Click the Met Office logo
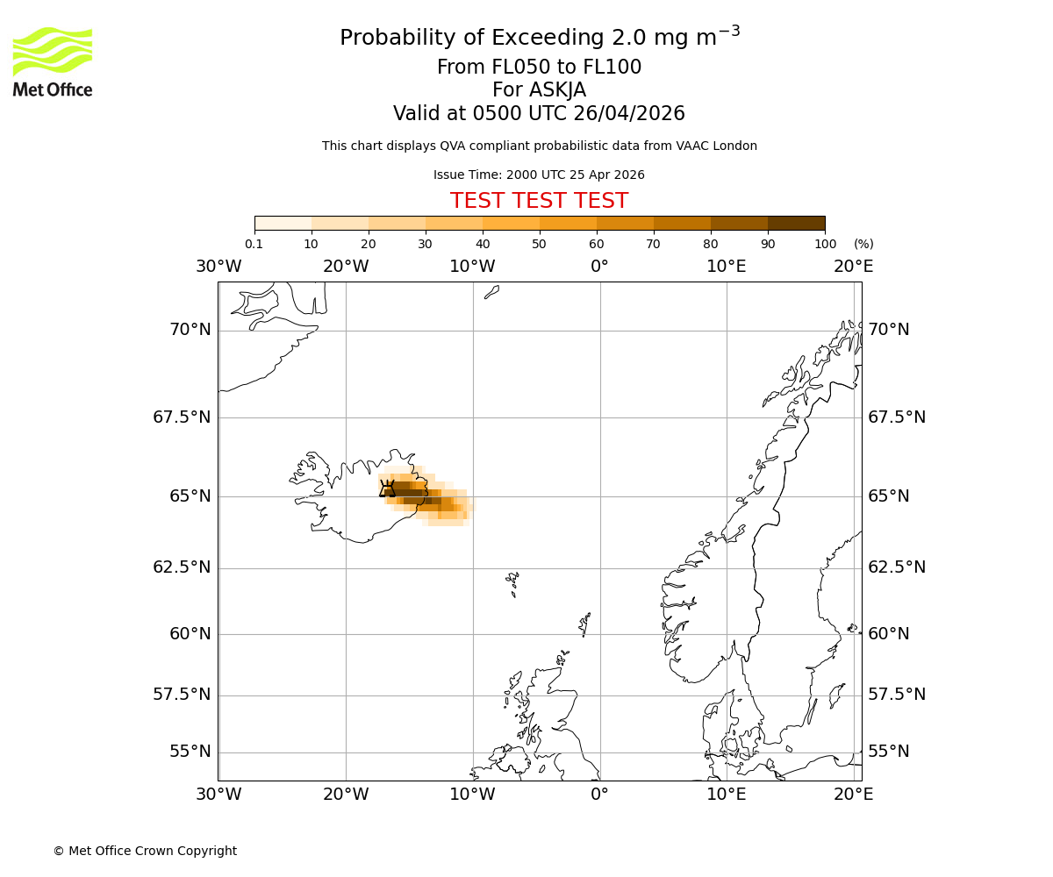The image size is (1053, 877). click(x=53, y=61)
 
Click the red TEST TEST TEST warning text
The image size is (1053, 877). click(x=539, y=201)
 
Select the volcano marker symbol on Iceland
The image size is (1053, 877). click(x=387, y=489)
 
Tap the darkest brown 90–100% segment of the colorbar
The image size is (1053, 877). click(x=796, y=223)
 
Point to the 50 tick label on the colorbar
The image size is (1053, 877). click(x=539, y=244)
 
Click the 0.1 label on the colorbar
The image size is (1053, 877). click(x=254, y=244)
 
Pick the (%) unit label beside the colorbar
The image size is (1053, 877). click(x=863, y=244)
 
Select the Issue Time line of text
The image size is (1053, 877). click(x=539, y=175)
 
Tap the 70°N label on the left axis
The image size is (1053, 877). click(x=190, y=330)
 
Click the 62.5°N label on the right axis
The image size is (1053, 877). click(x=897, y=567)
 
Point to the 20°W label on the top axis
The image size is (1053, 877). click(x=346, y=267)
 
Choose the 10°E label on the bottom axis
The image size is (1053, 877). click(x=727, y=795)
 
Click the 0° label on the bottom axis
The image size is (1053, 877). click(x=599, y=795)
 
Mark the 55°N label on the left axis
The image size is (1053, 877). click(x=190, y=752)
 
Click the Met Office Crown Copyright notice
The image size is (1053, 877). click(x=145, y=851)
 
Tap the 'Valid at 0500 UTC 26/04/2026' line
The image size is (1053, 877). click(x=539, y=114)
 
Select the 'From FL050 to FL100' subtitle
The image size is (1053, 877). click(x=539, y=68)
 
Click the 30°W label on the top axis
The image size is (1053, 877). click(x=218, y=267)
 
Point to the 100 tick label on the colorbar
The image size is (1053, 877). click(x=825, y=244)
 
